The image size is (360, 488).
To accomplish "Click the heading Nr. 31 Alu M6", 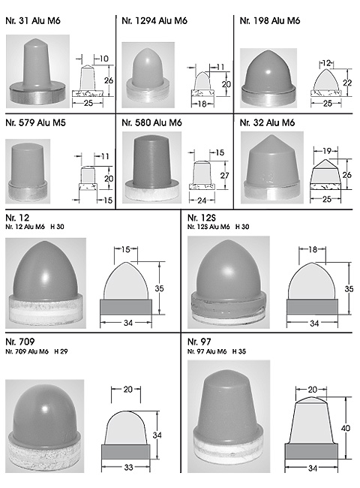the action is pos(33,21).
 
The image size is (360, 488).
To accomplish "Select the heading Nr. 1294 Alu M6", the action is pos(154,21).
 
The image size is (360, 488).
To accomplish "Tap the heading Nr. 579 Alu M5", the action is pos(35,122).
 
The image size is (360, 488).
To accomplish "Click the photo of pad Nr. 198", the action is pos(268,78).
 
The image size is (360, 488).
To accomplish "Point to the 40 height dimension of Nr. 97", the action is pos(346,428).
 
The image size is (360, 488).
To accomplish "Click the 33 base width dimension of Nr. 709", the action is pos(128,467).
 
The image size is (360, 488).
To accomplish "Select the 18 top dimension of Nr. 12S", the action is pos(313,249).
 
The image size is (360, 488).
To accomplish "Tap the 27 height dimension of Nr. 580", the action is pos(224,176).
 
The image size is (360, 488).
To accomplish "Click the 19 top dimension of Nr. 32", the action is pos(327,151).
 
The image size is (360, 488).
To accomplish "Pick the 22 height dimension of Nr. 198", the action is pos(347,83).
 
